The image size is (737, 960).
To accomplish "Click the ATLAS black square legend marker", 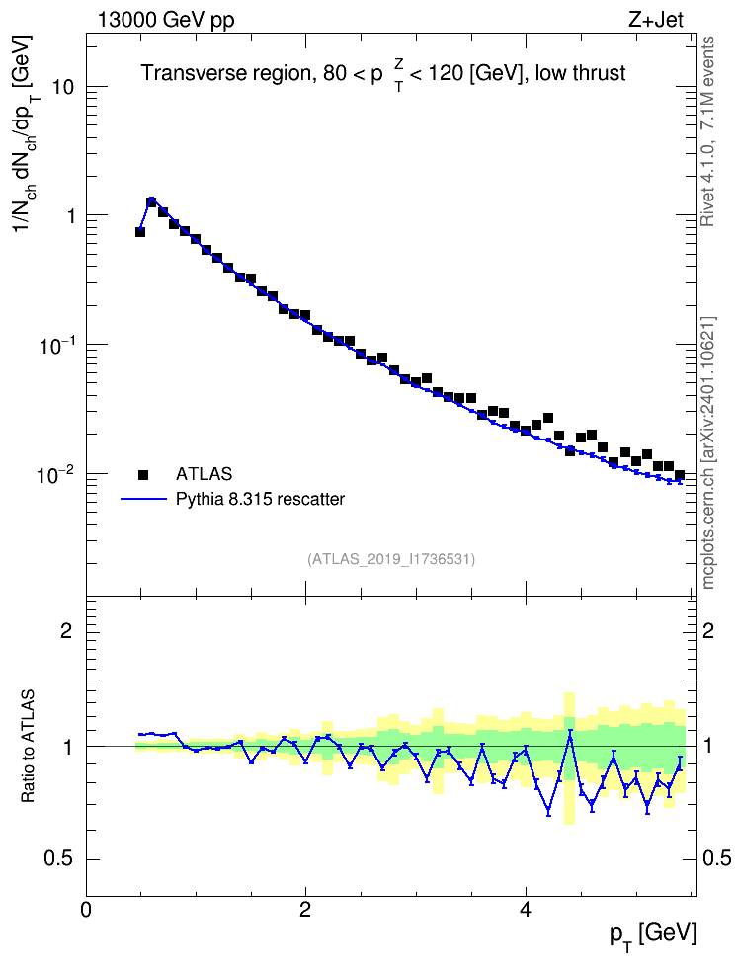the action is click(143, 474).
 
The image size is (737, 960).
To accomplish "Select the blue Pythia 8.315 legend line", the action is click(143, 500).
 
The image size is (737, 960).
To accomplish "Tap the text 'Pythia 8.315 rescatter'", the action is click(261, 499).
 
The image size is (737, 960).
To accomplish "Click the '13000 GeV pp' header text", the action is click(166, 20).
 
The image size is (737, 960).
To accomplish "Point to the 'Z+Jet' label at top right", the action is click(656, 20).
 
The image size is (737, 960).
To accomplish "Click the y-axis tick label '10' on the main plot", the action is click(62, 87).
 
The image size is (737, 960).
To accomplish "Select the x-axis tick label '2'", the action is click(305, 910).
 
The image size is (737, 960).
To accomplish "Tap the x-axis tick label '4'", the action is click(525, 910).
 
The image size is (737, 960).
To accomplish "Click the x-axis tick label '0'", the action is click(86, 910).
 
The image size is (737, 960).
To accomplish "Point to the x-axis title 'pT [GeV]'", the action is click(653, 935).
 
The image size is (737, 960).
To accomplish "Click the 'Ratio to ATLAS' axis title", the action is click(28, 746).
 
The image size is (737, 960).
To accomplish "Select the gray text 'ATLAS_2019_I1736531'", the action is click(391, 559).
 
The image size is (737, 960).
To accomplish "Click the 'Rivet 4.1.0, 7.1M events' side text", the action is click(707, 131).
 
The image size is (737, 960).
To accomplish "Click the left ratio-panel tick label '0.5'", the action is click(59, 859).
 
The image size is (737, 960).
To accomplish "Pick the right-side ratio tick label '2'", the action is click(708, 630).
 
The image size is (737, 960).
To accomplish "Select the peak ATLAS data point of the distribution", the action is click(151, 202).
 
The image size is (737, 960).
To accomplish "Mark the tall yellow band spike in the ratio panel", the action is click(570, 759).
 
